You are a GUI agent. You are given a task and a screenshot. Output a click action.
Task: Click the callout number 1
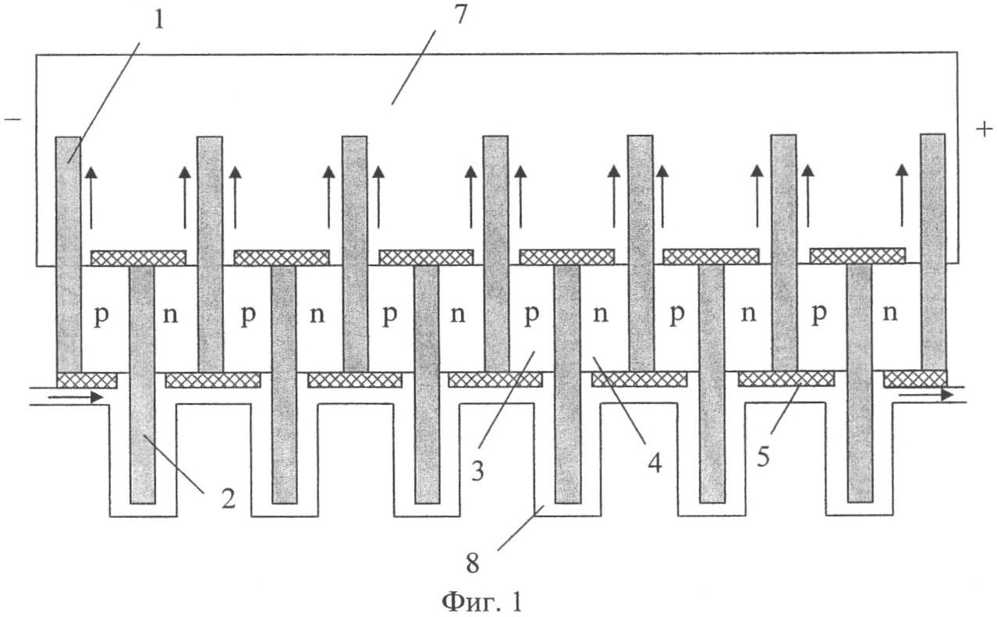(x=158, y=19)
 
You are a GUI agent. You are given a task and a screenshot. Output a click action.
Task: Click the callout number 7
(x=460, y=16)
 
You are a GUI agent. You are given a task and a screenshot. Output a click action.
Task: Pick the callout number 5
(x=762, y=455)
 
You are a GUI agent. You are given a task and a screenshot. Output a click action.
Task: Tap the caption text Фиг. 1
(x=482, y=601)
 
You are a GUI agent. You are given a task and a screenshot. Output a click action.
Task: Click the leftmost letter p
(x=100, y=317)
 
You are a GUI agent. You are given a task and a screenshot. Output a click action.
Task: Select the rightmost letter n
(x=889, y=314)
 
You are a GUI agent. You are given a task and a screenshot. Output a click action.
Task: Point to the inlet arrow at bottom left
(x=75, y=397)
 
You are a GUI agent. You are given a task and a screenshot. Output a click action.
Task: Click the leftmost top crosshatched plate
(x=138, y=257)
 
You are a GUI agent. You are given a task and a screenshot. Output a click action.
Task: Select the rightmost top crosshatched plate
(x=857, y=255)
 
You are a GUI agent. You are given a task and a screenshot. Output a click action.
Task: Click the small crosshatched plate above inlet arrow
(x=87, y=380)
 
